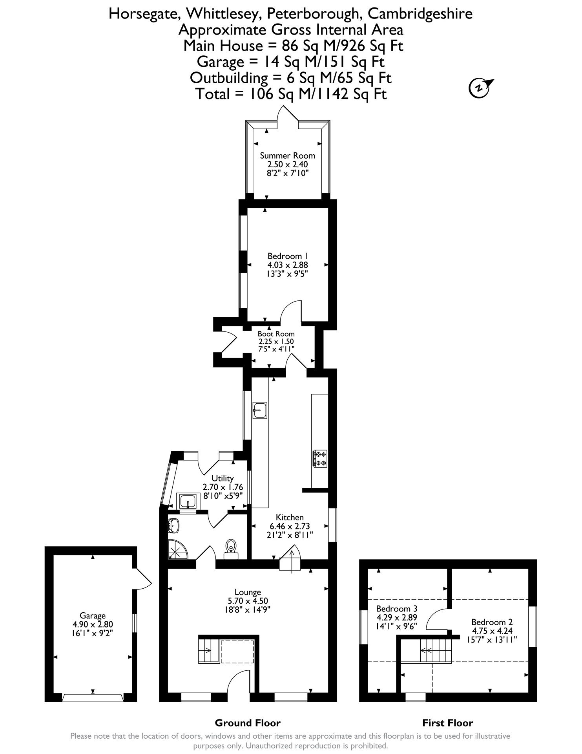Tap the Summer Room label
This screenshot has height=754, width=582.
[288, 156]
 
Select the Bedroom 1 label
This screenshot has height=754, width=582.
[287, 256]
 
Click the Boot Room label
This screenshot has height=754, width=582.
[276, 334]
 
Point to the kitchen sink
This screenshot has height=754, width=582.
[260, 410]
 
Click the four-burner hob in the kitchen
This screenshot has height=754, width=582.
[319, 459]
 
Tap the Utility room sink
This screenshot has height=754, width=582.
[189, 501]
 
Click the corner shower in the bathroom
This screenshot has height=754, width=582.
[178, 549]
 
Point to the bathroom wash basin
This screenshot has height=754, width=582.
[174, 526]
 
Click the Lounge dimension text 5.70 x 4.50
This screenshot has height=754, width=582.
[248, 601]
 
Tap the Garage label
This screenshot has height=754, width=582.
[93, 616]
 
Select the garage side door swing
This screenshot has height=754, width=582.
[142, 578]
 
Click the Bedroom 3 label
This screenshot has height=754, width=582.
[394, 609]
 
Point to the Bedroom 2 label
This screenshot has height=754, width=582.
[492, 622]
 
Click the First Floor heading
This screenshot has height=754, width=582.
[447, 723]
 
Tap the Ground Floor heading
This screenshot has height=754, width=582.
[248, 723]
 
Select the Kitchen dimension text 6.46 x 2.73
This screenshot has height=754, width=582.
[290, 526]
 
